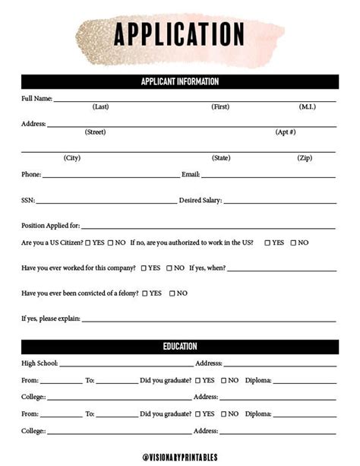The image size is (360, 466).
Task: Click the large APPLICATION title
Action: pos(179,34)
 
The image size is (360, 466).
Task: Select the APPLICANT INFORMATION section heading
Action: pos(180,81)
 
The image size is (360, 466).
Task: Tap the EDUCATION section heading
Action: pos(180,347)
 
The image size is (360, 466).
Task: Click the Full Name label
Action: pos(36,99)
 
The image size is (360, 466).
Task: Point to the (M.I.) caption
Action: pos(307,107)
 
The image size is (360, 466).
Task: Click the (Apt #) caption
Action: pos(285,132)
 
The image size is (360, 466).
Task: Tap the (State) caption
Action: pos(221,158)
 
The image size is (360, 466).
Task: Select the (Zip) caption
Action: pos(304,158)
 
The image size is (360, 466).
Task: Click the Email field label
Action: pos(191,175)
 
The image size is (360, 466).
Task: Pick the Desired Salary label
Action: pos(200,201)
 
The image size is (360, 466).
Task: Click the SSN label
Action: pos(28,201)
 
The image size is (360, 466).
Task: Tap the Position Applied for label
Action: pos(50,226)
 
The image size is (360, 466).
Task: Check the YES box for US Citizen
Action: pos(88,243)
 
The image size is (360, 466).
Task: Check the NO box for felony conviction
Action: pos(172,293)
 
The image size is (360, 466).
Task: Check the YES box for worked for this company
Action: pos(144,268)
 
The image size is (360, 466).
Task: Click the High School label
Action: pos(39,363)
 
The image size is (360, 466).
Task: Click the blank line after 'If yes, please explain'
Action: pos(208,319)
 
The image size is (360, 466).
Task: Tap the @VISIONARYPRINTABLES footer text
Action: pos(180,457)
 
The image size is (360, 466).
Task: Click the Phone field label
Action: pos(31,175)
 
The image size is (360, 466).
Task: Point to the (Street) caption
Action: pos(95,132)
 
